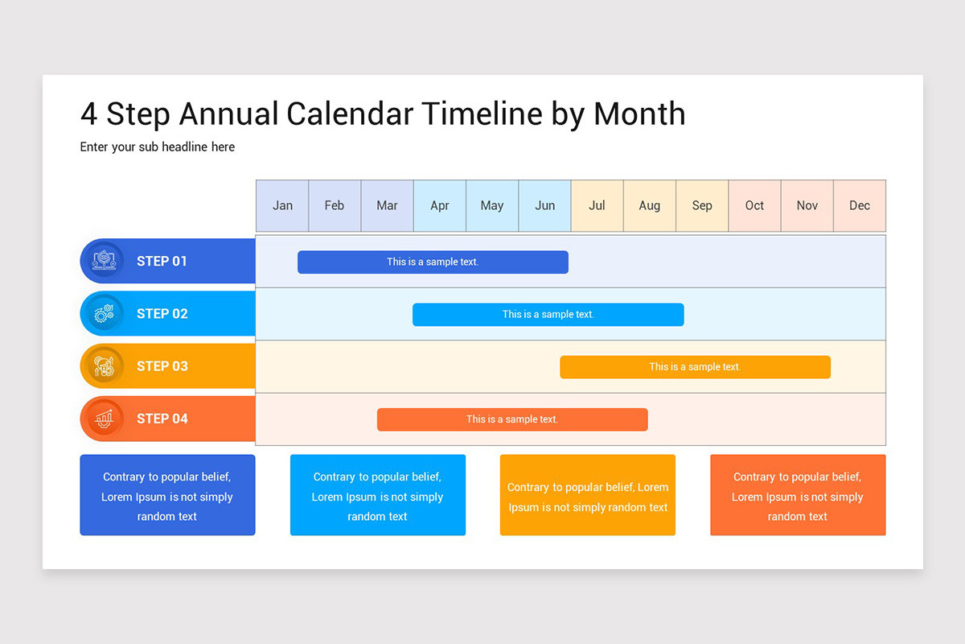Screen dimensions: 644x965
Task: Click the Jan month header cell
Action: click(x=282, y=206)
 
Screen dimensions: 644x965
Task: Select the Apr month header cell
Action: click(x=440, y=206)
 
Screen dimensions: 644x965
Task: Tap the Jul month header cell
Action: click(x=597, y=206)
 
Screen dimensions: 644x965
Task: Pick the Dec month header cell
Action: click(x=860, y=206)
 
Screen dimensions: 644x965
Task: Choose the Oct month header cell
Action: click(x=754, y=206)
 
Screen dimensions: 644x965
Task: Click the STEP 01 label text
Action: click(x=162, y=261)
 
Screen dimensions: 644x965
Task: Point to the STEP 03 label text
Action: click(x=162, y=366)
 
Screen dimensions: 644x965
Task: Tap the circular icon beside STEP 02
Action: click(x=104, y=314)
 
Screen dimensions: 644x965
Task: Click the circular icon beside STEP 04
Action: click(x=104, y=419)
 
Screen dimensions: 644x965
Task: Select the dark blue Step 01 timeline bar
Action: click(x=433, y=262)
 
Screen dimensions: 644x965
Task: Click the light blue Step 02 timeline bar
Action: click(x=548, y=315)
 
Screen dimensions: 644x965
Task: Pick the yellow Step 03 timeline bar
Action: click(x=695, y=367)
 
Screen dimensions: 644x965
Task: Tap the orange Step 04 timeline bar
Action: click(x=512, y=419)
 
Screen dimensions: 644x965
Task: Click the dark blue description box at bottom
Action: click(x=167, y=495)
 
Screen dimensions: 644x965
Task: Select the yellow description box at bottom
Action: click(x=588, y=495)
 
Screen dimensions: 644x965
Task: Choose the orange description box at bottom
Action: click(x=798, y=495)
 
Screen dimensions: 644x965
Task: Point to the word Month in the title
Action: click(x=639, y=114)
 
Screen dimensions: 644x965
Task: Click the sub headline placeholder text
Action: click(x=158, y=147)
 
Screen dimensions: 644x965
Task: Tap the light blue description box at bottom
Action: click(x=378, y=495)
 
